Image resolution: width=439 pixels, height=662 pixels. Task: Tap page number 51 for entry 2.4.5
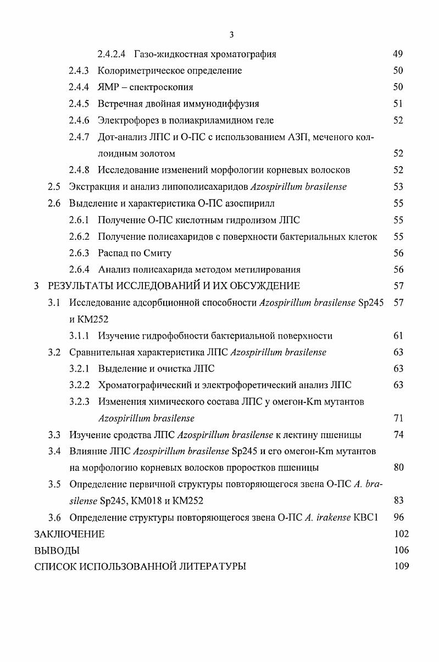(x=398, y=103)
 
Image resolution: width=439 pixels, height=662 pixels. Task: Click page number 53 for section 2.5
(x=398, y=186)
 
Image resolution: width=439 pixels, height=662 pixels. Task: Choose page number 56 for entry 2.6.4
(x=398, y=269)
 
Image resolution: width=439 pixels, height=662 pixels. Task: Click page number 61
(x=398, y=335)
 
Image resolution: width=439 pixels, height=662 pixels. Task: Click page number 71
(x=398, y=418)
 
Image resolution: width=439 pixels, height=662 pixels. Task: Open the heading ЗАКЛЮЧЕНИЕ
(x=69, y=534)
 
